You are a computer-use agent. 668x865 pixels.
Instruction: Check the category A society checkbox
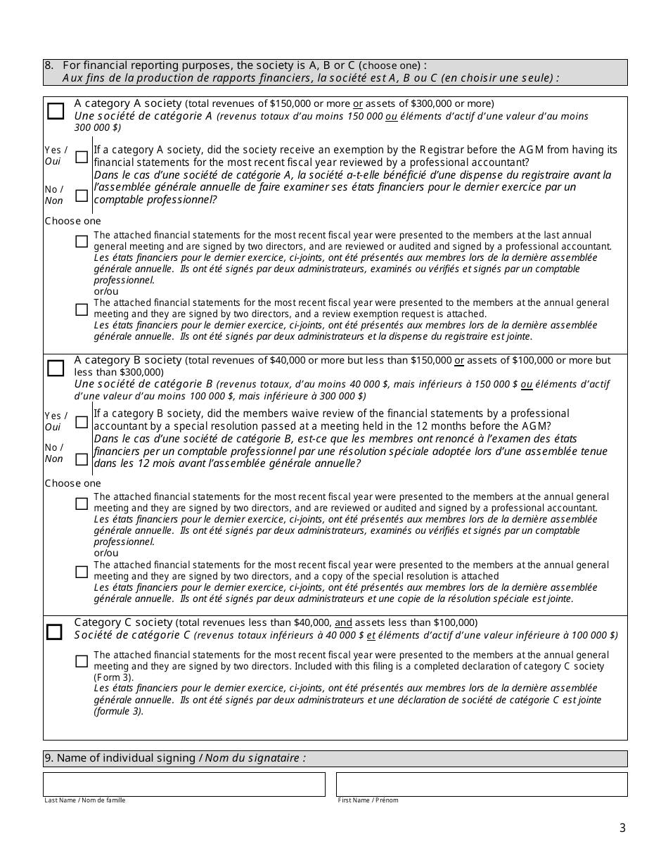[x=56, y=111]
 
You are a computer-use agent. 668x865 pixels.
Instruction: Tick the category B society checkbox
[x=56, y=368]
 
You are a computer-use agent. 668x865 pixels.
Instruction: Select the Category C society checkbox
[x=55, y=632]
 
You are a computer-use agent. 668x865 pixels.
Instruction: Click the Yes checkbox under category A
[x=82, y=157]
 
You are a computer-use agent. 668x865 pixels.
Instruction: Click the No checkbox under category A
[x=82, y=196]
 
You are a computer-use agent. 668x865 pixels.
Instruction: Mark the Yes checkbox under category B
[x=82, y=422]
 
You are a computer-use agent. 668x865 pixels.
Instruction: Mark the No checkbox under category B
[x=82, y=459]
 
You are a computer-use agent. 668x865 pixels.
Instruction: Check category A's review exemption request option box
[x=82, y=309]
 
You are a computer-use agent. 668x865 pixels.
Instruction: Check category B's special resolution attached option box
[x=82, y=572]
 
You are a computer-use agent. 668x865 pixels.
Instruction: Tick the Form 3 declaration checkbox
[x=82, y=661]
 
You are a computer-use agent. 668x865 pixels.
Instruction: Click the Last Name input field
[x=184, y=784]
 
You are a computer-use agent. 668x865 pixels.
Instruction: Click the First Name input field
[x=482, y=784]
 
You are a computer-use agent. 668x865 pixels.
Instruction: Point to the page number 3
[x=622, y=828]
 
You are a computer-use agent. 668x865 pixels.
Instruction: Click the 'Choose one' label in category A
[x=73, y=221]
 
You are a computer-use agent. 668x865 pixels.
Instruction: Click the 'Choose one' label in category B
[x=73, y=483]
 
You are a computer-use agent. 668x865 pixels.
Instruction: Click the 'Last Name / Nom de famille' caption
[x=85, y=800]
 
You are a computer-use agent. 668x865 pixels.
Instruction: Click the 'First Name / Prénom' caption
[x=368, y=800]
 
